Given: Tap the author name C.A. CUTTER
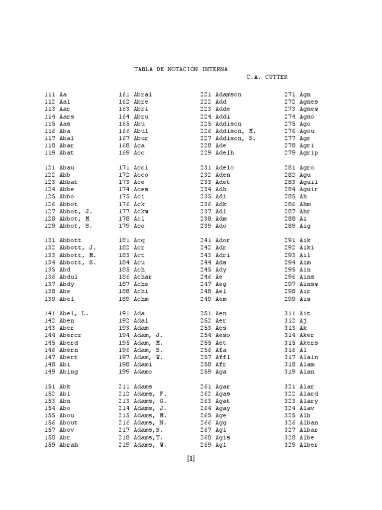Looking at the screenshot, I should click(x=267, y=77).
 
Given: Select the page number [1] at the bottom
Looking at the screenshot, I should click(x=191, y=459).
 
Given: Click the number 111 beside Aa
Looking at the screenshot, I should click(x=50, y=94).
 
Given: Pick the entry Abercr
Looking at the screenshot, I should click(x=70, y=335).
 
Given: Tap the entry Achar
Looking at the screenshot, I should click(x=143, y=276).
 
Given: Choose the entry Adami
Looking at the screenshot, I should click(x=143, y=364).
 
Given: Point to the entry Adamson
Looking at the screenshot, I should click(x=229, y=94).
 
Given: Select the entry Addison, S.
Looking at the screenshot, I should click(x=236, y=138).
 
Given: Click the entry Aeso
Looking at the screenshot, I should click(x=223, y=335).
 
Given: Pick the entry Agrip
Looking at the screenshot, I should click(x=309, y=152).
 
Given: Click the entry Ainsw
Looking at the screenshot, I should click(x=309, y=284).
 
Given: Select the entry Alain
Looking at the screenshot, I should click(x=309, y=357).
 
